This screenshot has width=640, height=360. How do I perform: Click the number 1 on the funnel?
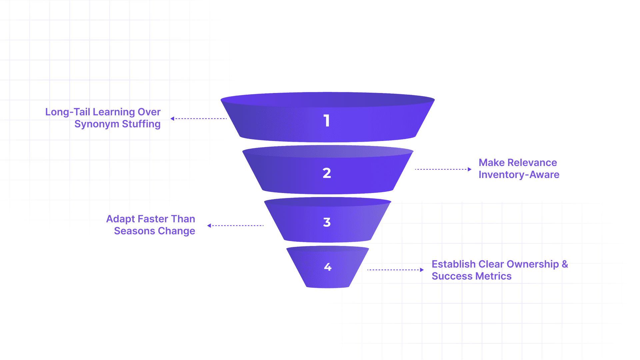pyautogui.click(x=327, y=121)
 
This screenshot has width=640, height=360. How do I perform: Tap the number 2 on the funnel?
pyautogui.click(x=327, y=173)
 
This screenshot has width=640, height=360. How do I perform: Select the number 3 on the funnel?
pyautogui.click(x=327, y=222)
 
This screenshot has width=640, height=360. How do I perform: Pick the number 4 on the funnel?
pyautogui.click(x=328, y=267)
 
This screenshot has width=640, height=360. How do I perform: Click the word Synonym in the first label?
pyautogui.click(x=97, y=124)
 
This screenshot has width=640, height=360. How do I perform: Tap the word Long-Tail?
pyautogui.click(x=68, y=112)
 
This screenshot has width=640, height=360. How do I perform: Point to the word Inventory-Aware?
pyautogui.click(x=519, y=175)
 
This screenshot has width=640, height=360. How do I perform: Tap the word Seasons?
pyautogui.click(x=134, y=231)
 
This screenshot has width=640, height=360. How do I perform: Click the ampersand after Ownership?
pyautogui.click(x=565, y=264)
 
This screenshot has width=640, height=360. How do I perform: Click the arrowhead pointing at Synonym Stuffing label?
pyautogui.click(x=172, y=119)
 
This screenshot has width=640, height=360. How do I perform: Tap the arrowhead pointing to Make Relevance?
pyautogui.click(x=469, y=169)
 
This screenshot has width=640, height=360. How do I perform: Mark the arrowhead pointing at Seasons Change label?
pyautogui.click(x=209, y=226)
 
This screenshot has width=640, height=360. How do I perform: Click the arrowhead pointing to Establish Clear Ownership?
pyautogui.click(x=422, y=270)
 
